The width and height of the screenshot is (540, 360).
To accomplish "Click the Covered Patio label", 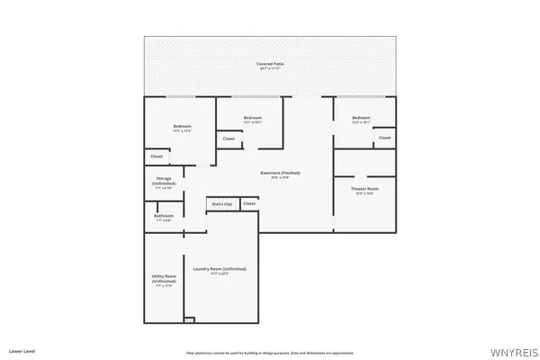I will (269, 64).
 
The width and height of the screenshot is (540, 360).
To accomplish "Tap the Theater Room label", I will (364, 188).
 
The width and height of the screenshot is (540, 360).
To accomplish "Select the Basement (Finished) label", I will (280, 173).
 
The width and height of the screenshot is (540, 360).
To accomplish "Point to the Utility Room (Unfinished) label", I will (164, 278).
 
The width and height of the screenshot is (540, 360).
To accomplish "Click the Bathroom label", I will (164, 216).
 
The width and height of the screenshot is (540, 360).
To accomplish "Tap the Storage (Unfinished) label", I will (164, 181).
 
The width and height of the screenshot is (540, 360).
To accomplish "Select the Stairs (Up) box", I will (222, 204).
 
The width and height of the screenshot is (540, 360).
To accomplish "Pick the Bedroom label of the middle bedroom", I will (252, 118).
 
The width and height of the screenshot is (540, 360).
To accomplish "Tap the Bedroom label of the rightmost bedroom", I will (361, 118).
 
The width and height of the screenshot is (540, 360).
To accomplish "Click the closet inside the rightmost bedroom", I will (384, 138).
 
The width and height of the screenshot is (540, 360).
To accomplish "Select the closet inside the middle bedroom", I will (229, 139).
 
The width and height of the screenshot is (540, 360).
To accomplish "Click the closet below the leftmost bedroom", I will (157, 157).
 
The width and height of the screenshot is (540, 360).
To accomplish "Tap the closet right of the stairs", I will (249, 203).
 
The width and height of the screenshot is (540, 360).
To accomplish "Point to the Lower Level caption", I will (22, 349).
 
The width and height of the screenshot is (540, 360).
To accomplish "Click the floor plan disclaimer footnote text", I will (270, 353).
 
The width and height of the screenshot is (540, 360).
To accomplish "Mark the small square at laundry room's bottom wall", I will (189, 319).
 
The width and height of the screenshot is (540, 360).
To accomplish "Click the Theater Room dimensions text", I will (364, 193).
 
